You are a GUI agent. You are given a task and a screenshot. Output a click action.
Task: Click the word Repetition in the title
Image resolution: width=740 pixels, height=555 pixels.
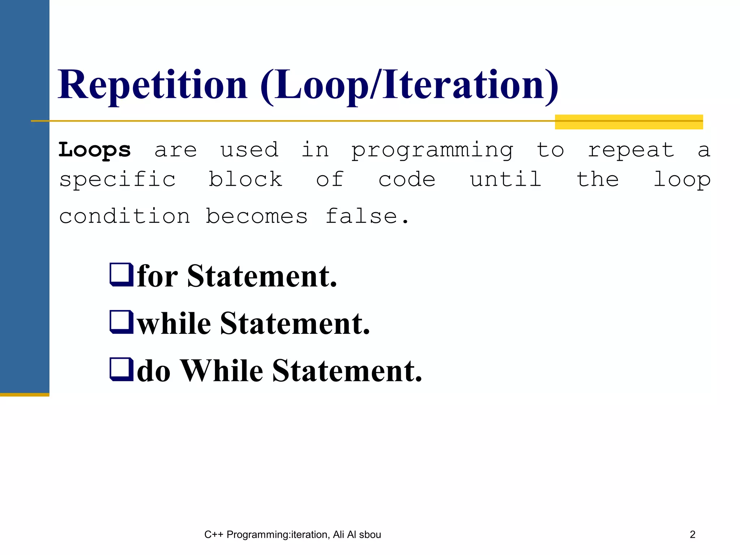coord(152,85)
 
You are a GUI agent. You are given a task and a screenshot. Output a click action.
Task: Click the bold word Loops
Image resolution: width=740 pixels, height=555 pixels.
coord(95,150)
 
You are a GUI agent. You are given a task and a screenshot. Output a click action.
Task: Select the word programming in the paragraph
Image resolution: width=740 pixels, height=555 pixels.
coord(432,150)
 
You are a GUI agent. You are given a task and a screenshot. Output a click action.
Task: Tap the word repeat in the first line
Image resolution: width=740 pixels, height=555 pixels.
coord(631,150)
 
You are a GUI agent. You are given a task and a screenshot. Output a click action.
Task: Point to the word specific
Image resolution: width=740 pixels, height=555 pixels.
coord(117,180)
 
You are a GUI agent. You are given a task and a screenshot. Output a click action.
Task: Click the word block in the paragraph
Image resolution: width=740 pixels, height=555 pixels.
coord(245,179)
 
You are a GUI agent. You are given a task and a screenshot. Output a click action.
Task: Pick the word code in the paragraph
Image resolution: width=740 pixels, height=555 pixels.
coord(407,180)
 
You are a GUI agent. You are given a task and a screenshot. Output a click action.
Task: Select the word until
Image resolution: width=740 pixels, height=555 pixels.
coord(505,179)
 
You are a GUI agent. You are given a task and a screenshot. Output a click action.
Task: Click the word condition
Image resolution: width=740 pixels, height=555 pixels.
coord(125,216)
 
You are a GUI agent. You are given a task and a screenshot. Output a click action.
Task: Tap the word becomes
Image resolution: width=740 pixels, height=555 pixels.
coord(257,216)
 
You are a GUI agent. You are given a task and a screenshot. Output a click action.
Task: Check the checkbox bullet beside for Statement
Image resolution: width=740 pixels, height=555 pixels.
coord(121,275)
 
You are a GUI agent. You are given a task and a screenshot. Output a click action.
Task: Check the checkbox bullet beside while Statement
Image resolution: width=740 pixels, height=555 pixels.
coord(121,322)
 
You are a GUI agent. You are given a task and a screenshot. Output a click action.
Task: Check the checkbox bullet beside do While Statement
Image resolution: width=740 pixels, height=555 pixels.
coord(121,370)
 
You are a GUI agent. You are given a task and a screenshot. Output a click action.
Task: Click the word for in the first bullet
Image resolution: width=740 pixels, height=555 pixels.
coord(158,276)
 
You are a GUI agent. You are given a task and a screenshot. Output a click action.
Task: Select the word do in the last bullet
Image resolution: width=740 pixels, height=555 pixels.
coord(154,371)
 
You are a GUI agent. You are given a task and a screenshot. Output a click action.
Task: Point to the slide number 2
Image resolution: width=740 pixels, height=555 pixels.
coord(692,534)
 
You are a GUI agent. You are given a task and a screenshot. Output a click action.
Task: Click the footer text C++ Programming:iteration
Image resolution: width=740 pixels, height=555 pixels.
coord(267,534)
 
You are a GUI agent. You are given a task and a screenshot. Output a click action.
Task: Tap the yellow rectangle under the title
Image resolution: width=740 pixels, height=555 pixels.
coord(629,122)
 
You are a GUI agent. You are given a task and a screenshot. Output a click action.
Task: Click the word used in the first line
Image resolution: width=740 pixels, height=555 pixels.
coord(249,150)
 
